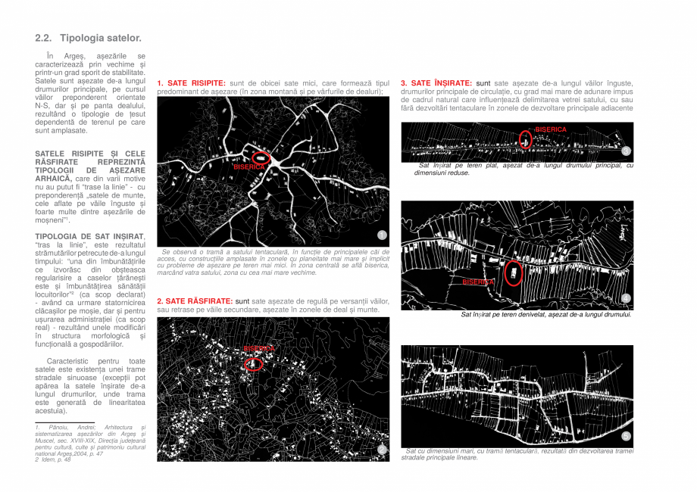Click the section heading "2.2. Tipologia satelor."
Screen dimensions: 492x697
point(88,38)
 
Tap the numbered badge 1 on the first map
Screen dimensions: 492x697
point(382,235)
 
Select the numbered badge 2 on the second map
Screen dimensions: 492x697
point(382,450)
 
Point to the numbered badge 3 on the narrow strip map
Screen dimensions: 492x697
point(626,151)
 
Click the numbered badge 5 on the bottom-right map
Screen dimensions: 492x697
point(626,436)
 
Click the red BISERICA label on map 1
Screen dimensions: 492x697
point(249,166)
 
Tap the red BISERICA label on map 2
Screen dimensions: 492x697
point(258,348)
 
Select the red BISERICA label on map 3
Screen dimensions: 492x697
point(551,129)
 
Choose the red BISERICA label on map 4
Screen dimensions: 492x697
point(478,282)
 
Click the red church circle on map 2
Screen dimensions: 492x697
point(255,363)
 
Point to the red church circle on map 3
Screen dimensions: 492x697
point(526,139)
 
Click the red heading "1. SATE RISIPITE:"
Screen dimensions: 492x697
point(191,83)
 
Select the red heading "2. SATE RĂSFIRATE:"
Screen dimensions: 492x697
point(195,301)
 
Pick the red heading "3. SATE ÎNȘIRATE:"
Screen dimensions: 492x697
point(436,83)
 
